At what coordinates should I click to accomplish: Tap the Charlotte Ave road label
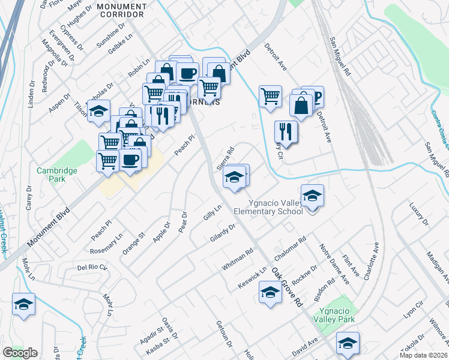coord(370,260)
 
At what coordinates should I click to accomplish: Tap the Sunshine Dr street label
coord(110,37)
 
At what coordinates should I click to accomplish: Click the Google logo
coord(20,353)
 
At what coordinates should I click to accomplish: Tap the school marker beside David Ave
coord(348,343)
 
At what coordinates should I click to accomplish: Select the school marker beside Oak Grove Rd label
coord(270,293)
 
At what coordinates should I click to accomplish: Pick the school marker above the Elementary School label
coord(312,196)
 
